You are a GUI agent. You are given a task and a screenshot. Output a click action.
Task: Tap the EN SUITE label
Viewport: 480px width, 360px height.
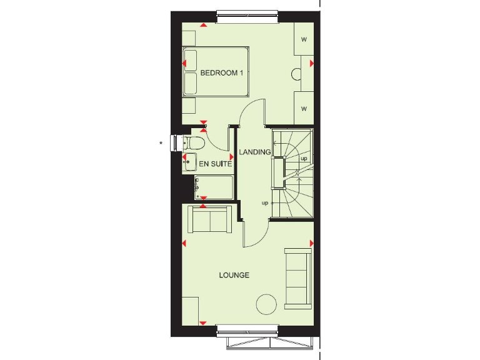(216, 164)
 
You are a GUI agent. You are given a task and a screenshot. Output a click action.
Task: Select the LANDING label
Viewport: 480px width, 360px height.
(255, 152)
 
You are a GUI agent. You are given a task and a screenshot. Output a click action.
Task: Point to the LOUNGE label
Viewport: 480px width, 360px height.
(234, 275)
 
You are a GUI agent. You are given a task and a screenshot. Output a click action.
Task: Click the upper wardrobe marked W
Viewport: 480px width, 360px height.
(304, 39)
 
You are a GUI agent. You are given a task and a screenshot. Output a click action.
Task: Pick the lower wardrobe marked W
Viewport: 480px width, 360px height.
(304, 109)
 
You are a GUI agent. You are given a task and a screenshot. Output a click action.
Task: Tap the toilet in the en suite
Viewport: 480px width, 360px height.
(192, 143)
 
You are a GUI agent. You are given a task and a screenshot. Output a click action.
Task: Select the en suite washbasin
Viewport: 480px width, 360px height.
(188, 163)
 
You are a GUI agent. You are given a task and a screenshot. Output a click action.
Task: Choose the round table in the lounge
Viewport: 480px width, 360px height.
(266, 304)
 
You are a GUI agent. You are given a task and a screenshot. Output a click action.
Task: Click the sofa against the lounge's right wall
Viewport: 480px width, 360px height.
(297, 278)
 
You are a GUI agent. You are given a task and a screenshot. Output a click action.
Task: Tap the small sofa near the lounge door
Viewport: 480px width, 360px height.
(211, 219)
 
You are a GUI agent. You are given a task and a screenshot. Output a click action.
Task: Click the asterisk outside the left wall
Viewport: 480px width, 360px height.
(161, 144)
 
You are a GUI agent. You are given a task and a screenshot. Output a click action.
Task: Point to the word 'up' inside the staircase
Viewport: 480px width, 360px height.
(304, 158)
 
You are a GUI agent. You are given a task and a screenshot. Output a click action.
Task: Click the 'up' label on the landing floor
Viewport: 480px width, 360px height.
(265, 203)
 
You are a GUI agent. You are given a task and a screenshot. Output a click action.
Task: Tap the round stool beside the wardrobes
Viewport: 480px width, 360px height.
(297, 74)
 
